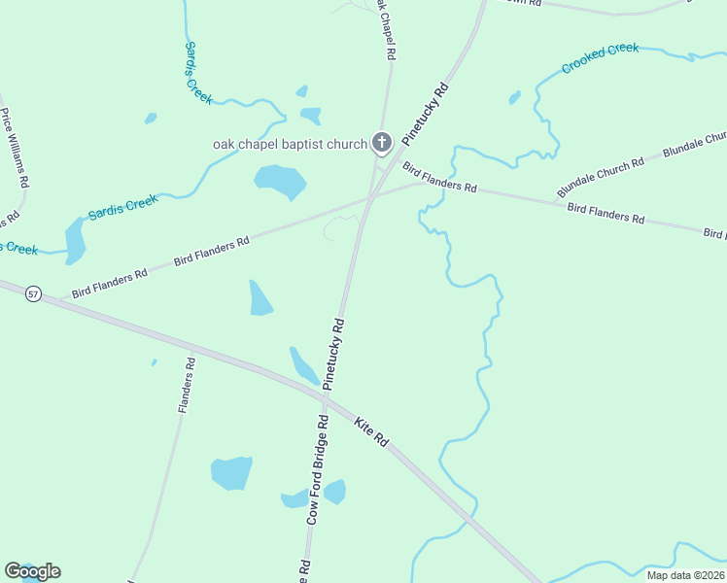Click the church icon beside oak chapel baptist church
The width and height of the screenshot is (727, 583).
coord(382,145)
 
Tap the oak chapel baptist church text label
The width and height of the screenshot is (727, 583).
coord(291,145)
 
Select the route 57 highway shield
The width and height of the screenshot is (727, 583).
coord(34,293)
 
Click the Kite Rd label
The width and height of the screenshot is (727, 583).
coord(372,432)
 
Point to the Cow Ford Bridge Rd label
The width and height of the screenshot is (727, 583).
coord(318,470)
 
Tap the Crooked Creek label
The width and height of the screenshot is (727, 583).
coord(600,58)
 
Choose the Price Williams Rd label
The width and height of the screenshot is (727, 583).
coord(15,148)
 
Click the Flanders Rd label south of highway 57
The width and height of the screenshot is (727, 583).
coord(187,386)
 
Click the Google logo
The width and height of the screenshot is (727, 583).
coord(32,571)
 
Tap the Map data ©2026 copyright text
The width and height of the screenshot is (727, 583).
coord(684,575)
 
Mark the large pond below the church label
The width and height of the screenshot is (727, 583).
coord(280,181)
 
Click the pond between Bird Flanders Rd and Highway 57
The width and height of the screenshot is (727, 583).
coord(260,299)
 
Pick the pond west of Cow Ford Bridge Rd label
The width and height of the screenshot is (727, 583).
coord(231,473)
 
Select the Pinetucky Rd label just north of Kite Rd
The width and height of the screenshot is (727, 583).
coord(333,354)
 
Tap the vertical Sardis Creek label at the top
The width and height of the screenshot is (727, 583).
coord(197,72)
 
